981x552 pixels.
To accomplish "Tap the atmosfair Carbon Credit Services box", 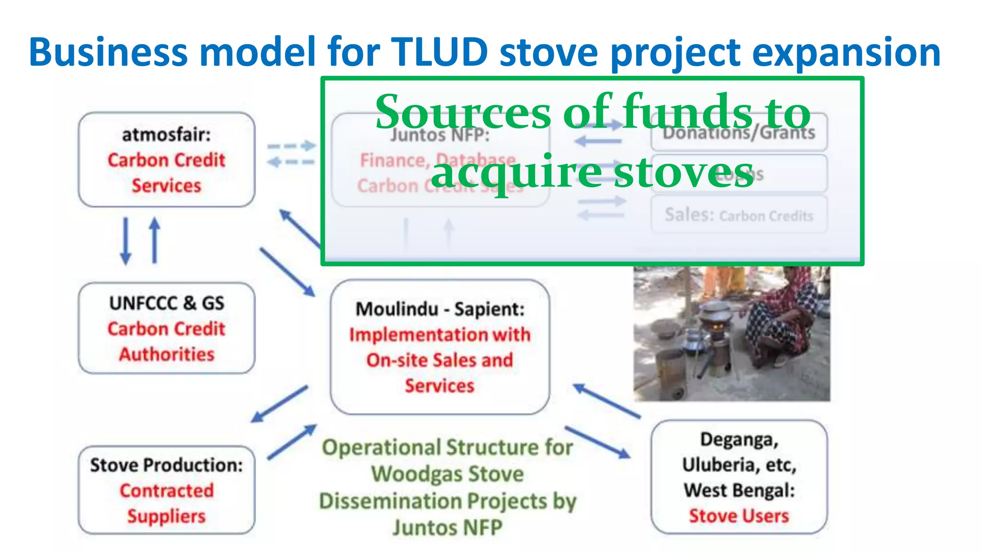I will pyautogui.click(x=166, y=160).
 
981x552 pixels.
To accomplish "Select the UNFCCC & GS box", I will pyautogui.click(x=166, y=328).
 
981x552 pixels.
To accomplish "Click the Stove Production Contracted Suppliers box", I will pyautogui.click(x=166, y=490).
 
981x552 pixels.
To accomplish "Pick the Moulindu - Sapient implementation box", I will pyautogui.click(x=439, y=347).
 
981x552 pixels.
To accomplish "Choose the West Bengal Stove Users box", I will pyautogui.click(x=739, y=477).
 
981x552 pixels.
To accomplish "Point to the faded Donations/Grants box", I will pyautogui.click(x=739, y=132).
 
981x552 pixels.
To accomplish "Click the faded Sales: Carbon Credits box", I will pyautogui.click(x=739, y=215).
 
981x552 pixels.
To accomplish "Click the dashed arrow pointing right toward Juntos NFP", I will pyautogui.click(x=291, y=146).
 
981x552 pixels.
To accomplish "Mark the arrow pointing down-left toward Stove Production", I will pyautogui.click(x=280, y=403).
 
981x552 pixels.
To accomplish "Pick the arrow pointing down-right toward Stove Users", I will pyautogui.click(x=598, y=442).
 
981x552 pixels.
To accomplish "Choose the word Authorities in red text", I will pyautogui.click(x=166, y=355).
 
